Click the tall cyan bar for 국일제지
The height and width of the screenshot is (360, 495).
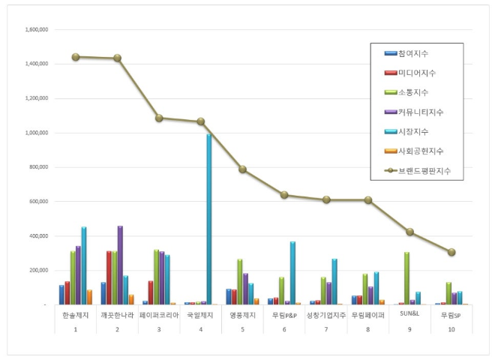(208, 219)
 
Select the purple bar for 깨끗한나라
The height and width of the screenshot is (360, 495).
(120, 265)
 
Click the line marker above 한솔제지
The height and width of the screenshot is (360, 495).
(76, 57)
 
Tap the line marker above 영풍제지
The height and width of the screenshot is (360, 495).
(243, 169)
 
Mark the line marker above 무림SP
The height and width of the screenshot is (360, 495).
(451, 252)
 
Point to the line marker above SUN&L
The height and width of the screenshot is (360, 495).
(409, 232)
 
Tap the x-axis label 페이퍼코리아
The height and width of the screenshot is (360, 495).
(159, 316)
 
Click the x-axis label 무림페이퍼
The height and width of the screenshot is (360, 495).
(367, 316)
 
